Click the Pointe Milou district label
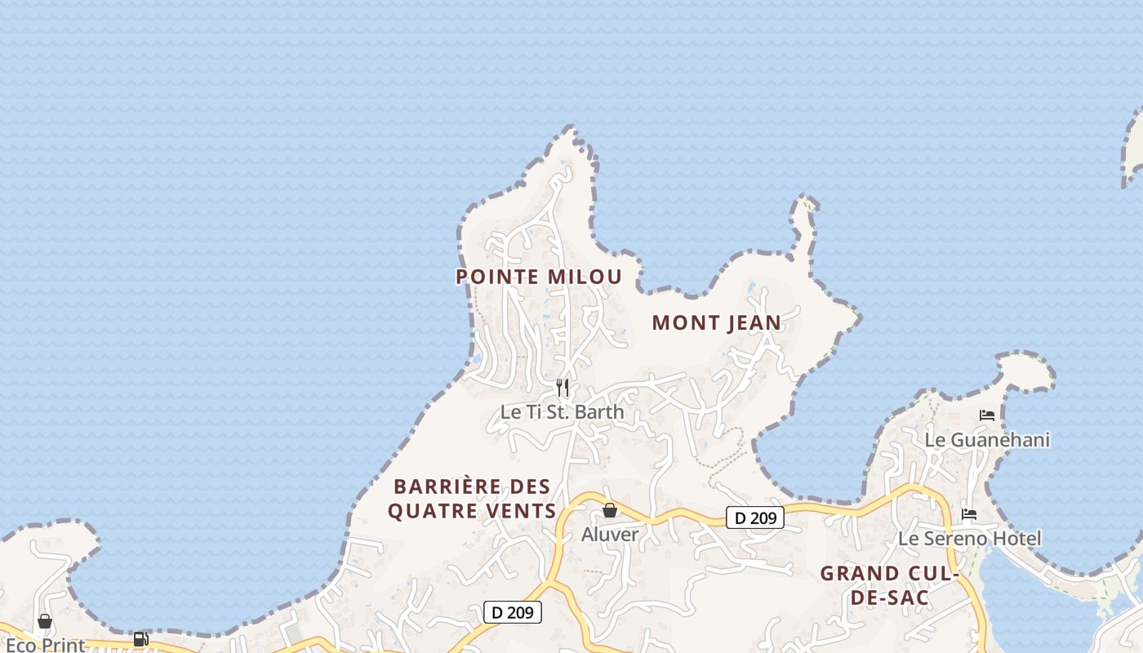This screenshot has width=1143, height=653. (x=539, y=277)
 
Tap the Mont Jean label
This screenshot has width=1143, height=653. (x=717, y=323)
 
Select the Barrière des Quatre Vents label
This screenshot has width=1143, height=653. (x=472, y=499)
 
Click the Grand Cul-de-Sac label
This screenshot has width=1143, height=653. (x=889, y=585)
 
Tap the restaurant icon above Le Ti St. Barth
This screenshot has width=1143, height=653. (x=562, y=387)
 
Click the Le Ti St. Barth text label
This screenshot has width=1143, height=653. (x=562, y=411)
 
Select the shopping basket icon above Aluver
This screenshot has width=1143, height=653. (x=609, y=510)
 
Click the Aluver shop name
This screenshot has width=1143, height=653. (x=609, y=535)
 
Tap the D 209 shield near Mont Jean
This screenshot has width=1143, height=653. (x=754, y=518)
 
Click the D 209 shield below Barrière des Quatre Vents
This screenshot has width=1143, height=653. (x=513, y=612)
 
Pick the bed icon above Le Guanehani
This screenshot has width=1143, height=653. (x=987, y=415)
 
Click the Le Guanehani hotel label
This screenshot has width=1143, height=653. (x=987, y=440)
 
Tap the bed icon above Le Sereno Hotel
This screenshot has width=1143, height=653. (x=969, y=514)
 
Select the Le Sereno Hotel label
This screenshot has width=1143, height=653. (x=969, y=539)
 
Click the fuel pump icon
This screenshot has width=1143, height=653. (x=140, y=639)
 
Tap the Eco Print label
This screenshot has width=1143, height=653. (x=45, y=645)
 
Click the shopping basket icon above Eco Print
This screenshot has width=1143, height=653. (x=45, y=622)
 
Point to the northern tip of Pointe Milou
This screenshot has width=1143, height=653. (x=570, y=128)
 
